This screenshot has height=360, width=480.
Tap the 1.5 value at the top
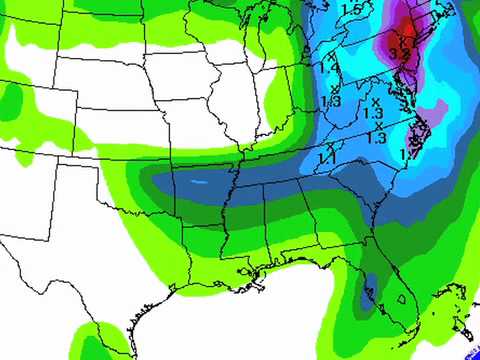click(x=351, y=9)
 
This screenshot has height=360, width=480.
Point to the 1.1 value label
click(x=327, y=158)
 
